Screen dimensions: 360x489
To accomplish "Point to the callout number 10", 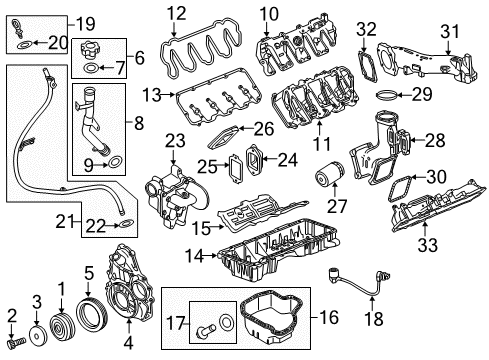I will pyautogui.click(x=267, y=12).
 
